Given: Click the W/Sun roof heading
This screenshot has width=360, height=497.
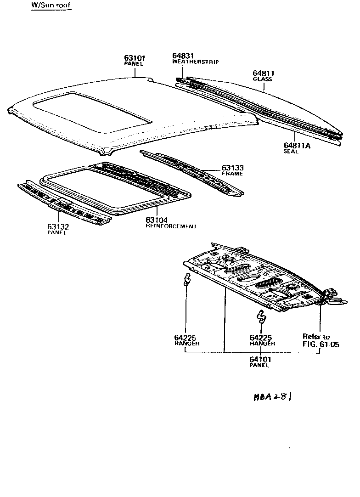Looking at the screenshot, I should point(51,6).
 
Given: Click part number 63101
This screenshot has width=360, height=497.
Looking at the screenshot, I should point(135,58).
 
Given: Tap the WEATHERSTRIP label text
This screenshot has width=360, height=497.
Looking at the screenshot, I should point(195,62).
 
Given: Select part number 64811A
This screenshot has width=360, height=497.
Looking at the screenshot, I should point(297,146).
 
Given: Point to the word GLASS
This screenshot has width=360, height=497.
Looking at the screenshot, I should point(263,79).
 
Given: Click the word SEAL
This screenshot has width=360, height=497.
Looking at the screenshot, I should point(291,152).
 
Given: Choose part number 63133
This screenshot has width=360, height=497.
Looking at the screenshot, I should point(232,168).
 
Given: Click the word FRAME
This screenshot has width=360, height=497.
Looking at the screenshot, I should point(232,174).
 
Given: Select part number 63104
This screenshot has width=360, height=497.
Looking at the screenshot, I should point(157,220).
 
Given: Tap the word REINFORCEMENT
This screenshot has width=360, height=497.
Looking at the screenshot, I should point(171,226).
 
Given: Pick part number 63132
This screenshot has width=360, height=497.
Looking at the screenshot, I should point(57,227).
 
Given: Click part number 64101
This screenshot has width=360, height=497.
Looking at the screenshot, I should point(260,359).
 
